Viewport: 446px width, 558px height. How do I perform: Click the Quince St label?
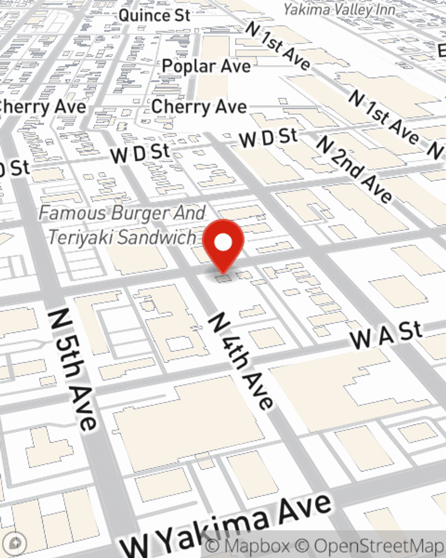pyautogui.click(x=154, y=15)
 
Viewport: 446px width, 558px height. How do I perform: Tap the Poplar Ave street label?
pyautogui.click(x=206, y=66)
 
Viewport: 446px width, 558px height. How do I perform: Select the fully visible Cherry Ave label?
pyautogui.click(x=199, y=107)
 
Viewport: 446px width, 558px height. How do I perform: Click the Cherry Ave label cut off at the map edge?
pyautogui.click(x=43, y=107)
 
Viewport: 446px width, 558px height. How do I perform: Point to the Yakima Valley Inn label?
pyautogui.click(x=339, y=9)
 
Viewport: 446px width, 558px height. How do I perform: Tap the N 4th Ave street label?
pyautogui.click(x=241, y=361)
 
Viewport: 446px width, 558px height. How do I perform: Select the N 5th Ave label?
pyautogui.click(x=72, y=369)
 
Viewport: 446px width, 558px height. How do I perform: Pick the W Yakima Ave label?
pyautogui.click(x=227, y=527)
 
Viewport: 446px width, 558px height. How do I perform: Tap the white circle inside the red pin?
pyautogui.click(x=223, y=243)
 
